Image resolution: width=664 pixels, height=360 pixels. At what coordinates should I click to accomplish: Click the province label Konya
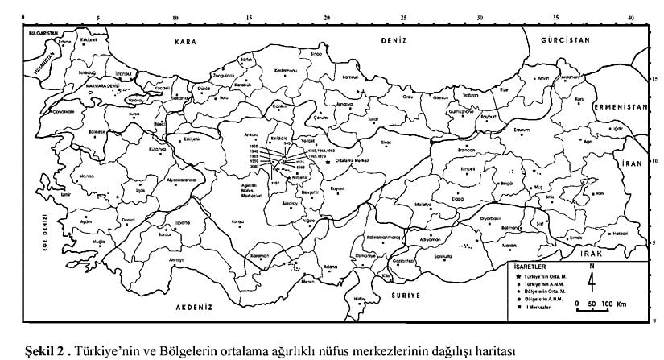(237, 221)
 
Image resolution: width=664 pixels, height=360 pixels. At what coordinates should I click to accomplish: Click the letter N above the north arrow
(592, 264)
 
